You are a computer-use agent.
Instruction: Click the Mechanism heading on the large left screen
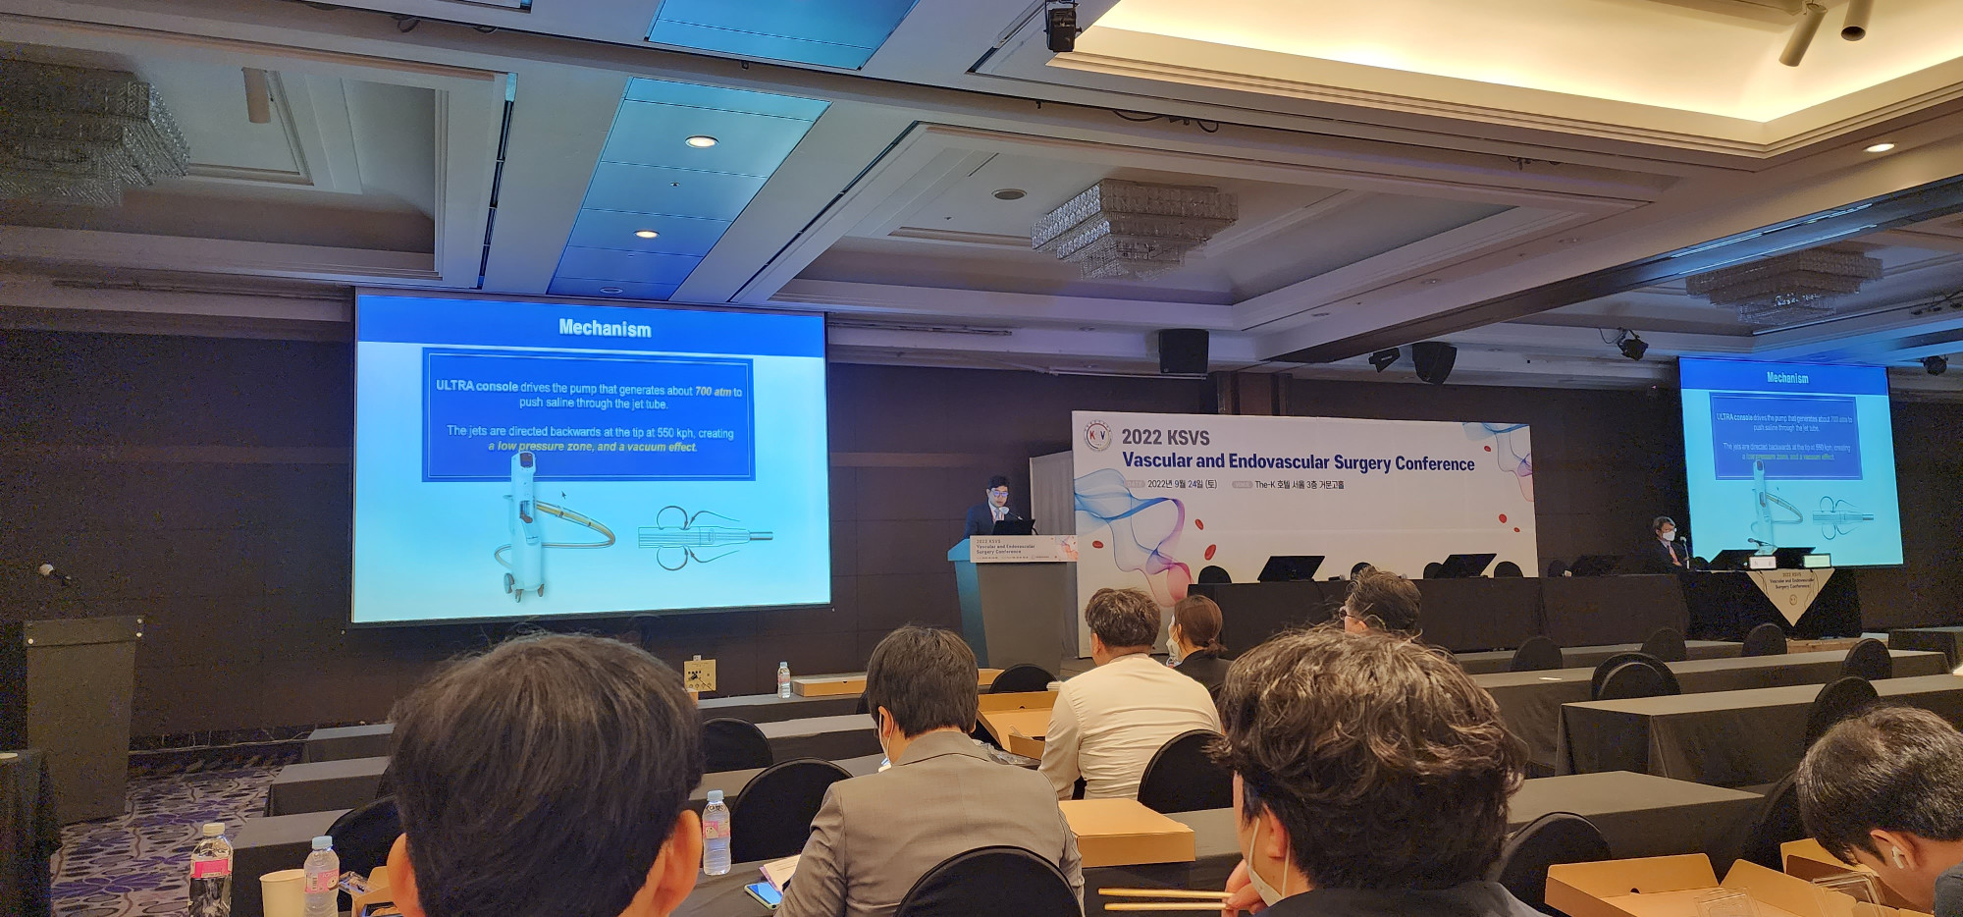[x=605, y=329]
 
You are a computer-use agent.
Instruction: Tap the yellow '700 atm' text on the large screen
[x=714, y=392]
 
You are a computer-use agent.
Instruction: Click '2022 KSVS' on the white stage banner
[x=1165, y=438]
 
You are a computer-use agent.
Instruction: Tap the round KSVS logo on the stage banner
[x=1097, y=436]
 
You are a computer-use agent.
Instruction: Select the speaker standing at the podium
[x=993, y=507]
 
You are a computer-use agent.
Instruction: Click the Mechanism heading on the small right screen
[x=1786, y=378]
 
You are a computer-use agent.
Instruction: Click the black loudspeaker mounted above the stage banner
[x=1183, y=351]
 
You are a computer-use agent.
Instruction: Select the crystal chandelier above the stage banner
[x=1134, y=227]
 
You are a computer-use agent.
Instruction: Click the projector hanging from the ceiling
[x=1061, y=26]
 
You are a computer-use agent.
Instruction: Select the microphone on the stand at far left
[x=47, y=570]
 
